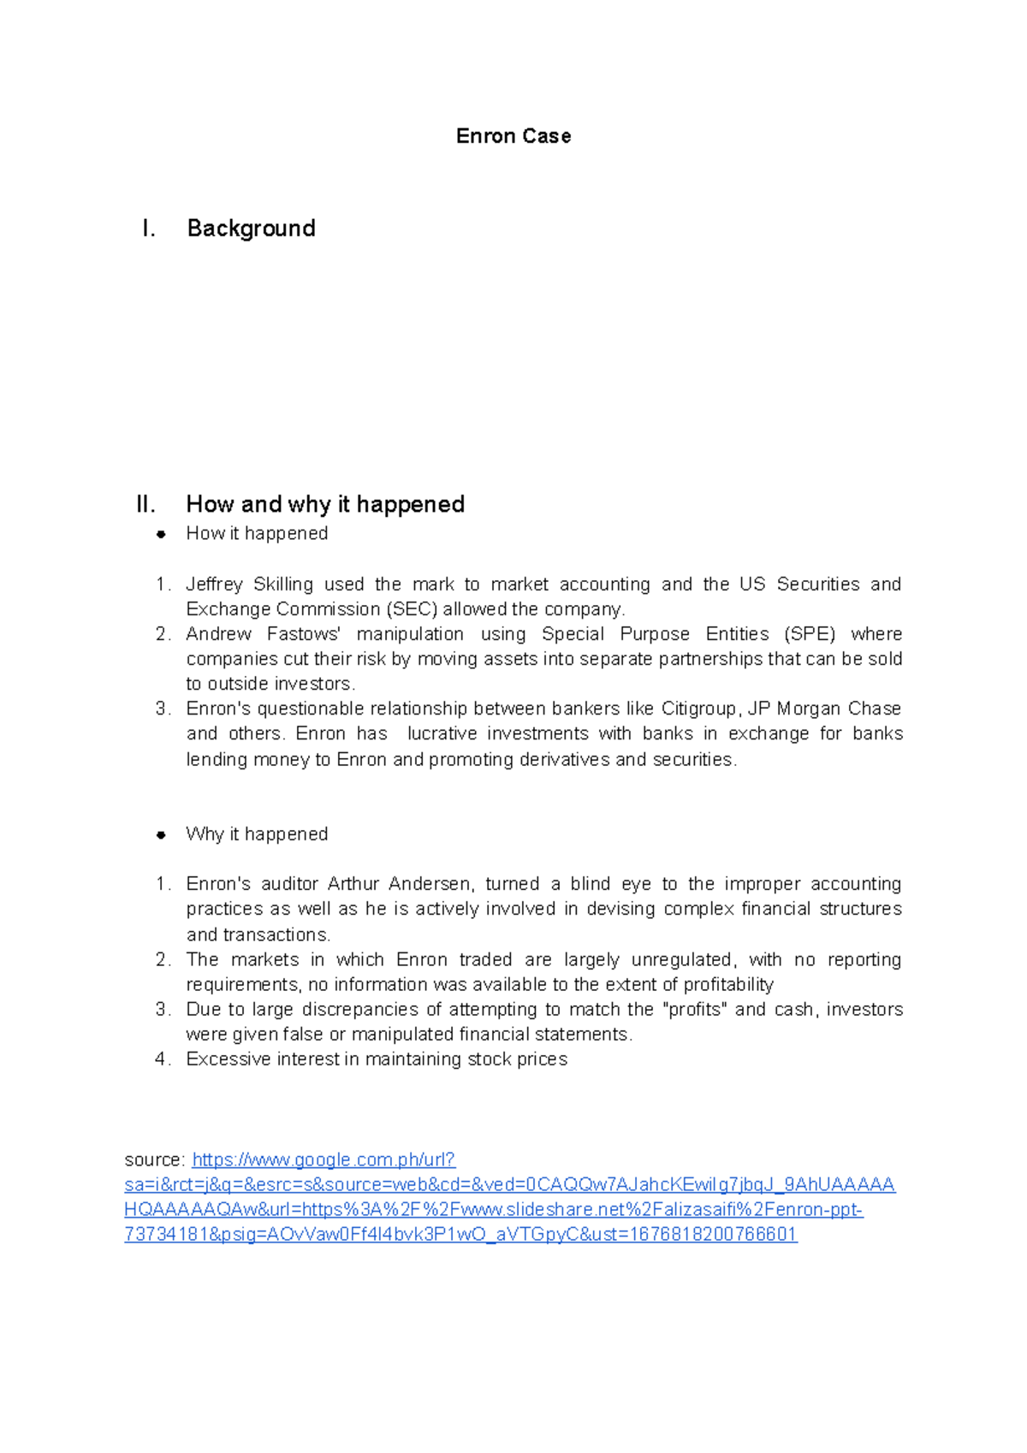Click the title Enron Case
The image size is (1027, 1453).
pyautogui.click(x=513, y=136)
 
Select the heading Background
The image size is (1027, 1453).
pyautogui.click(x=251, y=228)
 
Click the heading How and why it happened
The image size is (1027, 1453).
pyautogui.click(x=325, y=504)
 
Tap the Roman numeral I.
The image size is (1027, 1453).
pyautogui.click(x=149, y=228)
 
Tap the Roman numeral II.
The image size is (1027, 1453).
pyautogui.click(x=145, y=504)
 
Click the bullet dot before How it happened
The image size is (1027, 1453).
pyautogui.click(x=160, y=534)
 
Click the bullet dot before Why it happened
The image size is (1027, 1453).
pyautogui.click(x=160, y=834)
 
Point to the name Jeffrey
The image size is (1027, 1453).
pyautogui.click(x=214, y=584)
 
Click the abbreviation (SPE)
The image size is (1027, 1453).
pyautogui.click(x=809, y=634)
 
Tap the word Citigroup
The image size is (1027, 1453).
pyautogui.click(x=698, y=709)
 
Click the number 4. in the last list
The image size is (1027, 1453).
pyautogui.click(x=163, y=1059)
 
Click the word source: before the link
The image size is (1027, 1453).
pyautogui.click(x=154, y=1159)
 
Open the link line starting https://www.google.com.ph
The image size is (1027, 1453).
pyautogui.click(x=324, y=1159)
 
